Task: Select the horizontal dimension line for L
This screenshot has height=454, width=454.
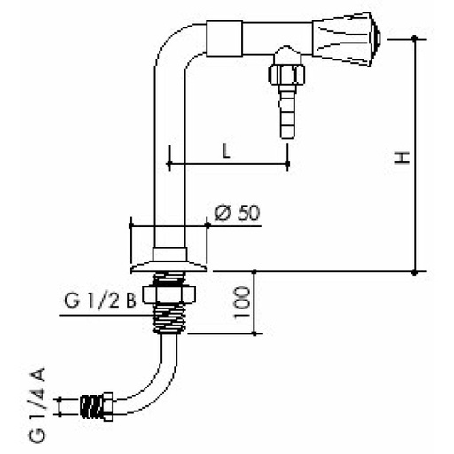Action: coord(226,164)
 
